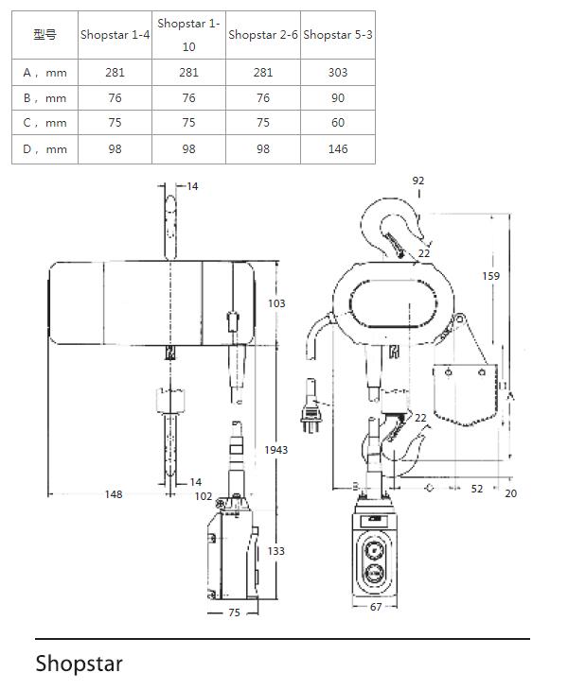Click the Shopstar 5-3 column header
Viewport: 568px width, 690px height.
(338, 35)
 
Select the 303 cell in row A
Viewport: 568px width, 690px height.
(338, 72)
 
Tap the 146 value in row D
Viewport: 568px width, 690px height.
(338, 149)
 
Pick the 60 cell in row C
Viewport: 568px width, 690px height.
(338, 122)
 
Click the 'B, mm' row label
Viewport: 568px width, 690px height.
(44, 97)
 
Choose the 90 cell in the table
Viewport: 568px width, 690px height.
(338, 97)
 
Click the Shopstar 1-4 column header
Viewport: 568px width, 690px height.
(115, 35)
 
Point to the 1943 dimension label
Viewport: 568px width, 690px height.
(275, 450)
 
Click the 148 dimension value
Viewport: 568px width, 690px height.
(114, 494)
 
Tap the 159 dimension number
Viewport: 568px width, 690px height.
(491, 276)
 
